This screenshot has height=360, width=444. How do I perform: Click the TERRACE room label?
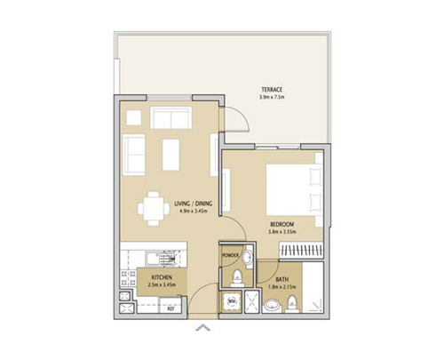click(272, 89)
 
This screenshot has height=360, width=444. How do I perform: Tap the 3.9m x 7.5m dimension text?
click(272, 97)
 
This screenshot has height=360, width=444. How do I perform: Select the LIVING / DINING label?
click(193, 204)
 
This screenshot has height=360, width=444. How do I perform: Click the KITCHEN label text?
click(163, 277)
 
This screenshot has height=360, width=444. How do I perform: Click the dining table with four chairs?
click(153, 209)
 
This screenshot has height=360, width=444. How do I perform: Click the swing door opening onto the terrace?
click(234, 117)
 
